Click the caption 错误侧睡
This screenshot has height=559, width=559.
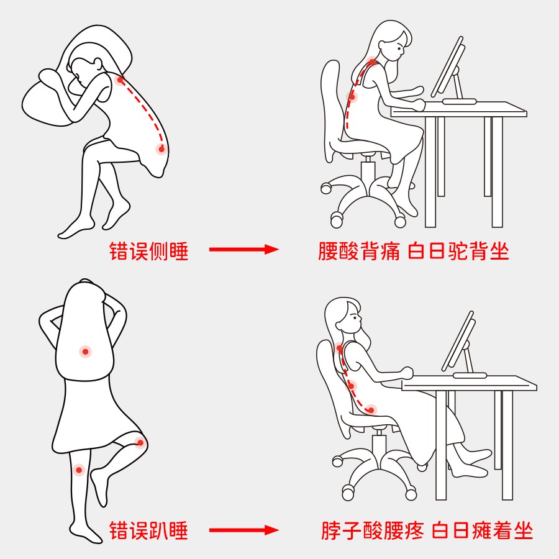pos(148,251)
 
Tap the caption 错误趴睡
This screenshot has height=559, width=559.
pos(148,530)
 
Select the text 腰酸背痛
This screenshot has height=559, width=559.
pos(358,251)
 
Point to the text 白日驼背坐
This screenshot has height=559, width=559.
pos(458,251)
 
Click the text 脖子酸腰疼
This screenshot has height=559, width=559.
pos(373,530)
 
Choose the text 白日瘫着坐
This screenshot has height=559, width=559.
pos(483,530)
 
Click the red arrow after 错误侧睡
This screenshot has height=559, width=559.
pos(244,249)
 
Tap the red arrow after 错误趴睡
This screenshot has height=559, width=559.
pos(244,530)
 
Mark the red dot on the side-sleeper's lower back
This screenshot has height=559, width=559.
pos(161,149)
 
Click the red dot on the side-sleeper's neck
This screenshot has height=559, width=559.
pos(120,80)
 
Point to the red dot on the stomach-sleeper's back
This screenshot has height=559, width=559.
pos(85,352)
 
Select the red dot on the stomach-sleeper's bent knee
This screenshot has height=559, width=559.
pos(140,443)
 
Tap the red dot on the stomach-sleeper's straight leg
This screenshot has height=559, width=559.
pos(79,470)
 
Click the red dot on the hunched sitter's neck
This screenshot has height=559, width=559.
pos(372,62)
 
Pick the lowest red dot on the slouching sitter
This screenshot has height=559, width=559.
pos(371,410)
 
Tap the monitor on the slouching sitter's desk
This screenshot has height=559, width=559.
pos(458,341)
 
